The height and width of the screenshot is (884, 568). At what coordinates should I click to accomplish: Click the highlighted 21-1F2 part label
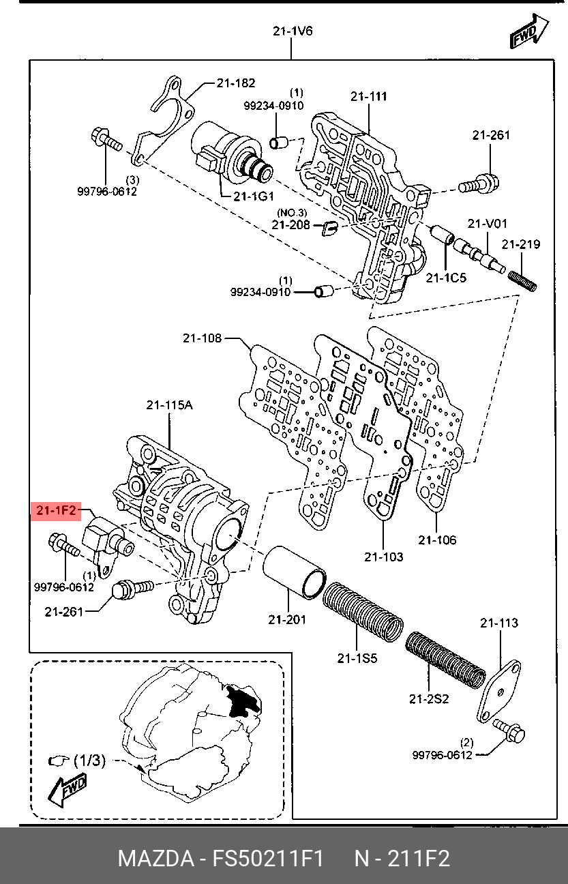pos(56,511)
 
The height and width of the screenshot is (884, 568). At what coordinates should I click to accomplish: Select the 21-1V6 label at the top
pos(293,31)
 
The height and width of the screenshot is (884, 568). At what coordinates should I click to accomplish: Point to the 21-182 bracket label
pos(236,83)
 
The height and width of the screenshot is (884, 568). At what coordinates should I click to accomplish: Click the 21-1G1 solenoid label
pos(254,196)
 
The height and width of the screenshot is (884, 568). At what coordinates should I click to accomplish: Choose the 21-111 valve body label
pos(369,96)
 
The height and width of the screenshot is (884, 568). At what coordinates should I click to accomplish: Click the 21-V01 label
pos(487,224)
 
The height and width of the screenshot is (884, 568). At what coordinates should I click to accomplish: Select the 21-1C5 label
pos(446,278)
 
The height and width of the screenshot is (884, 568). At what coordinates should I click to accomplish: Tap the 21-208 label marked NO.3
pos(290,224)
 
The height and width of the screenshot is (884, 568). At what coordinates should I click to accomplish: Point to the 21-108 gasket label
pos(202,338)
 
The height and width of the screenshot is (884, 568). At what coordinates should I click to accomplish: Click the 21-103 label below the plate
pos(384,557)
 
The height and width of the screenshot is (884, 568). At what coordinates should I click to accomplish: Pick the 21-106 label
pos(437,540)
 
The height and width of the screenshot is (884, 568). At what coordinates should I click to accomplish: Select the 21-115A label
pos(170,405)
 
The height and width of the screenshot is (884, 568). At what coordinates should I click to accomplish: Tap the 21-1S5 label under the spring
pos(357,658)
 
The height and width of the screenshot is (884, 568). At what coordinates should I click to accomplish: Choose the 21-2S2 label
pos(429,699)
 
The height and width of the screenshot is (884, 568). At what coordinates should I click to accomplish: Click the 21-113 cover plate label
pos(499,623)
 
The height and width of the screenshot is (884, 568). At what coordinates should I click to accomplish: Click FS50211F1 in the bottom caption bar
pos(268,857)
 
